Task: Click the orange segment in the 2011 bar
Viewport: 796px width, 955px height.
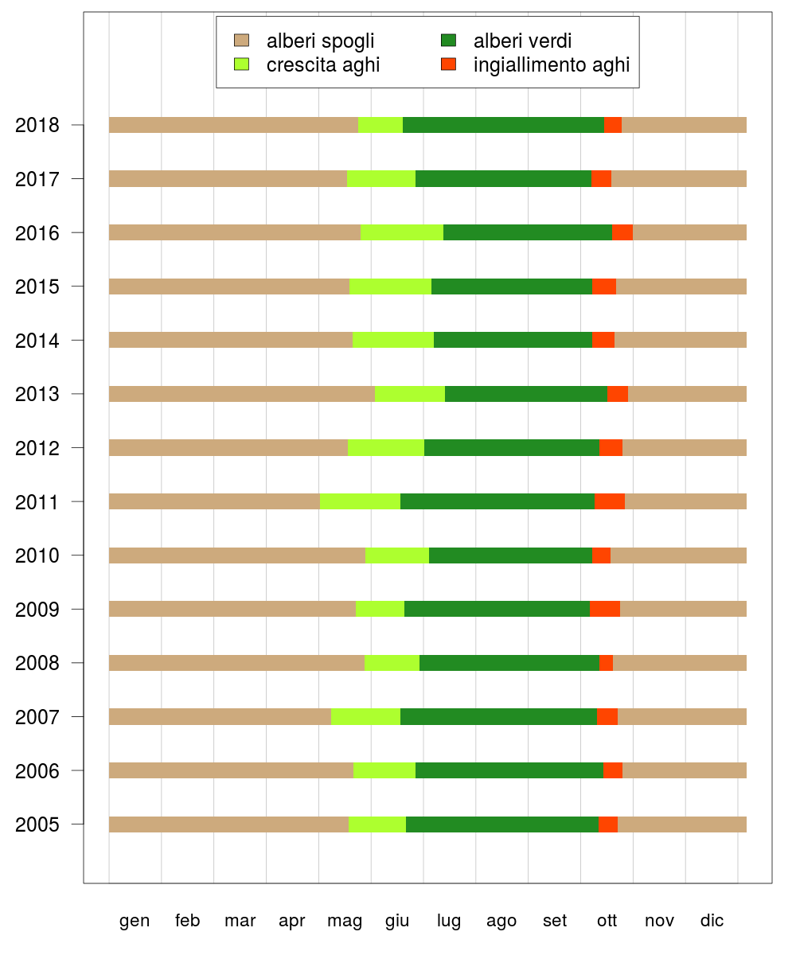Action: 610,501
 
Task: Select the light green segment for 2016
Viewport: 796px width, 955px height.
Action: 402,232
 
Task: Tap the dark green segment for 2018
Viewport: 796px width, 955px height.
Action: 503,125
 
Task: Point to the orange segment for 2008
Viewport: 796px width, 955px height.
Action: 606,663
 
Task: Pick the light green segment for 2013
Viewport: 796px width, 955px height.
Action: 410,394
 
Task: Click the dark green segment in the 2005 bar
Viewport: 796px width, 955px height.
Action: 502,824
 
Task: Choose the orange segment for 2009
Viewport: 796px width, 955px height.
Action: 605,609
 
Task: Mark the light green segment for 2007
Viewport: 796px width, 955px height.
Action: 365,717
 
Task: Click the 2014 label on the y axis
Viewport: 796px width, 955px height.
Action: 37,341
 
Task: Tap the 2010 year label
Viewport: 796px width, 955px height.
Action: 37,555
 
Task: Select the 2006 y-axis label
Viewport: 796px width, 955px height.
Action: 37,771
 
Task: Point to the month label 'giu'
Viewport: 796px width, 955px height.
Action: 397,921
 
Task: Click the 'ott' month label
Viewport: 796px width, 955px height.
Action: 607,921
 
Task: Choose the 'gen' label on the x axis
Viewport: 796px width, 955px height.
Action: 135,921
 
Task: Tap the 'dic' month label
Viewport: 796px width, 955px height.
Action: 712,921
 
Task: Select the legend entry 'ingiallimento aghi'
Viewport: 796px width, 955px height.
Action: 552,65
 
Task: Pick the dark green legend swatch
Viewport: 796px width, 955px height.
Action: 448,41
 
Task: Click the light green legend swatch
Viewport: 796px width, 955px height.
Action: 241,64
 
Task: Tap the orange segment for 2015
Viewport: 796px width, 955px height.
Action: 604,286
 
